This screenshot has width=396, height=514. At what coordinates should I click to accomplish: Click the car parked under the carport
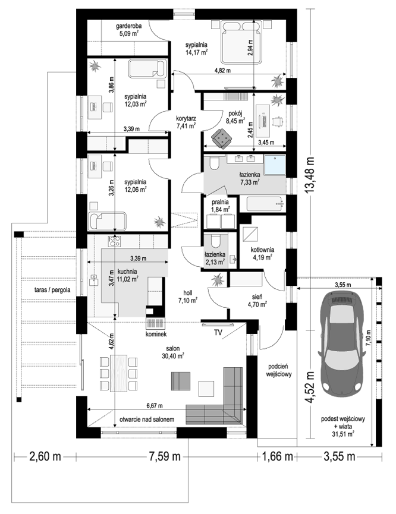[342, 342]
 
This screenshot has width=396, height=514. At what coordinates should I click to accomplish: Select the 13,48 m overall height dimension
[310, 176]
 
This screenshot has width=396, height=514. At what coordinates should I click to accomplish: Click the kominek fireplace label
[157, 334]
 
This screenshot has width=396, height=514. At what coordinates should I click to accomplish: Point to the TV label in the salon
[218, 332]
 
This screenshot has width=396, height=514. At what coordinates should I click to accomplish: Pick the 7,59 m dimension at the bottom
[165, 456]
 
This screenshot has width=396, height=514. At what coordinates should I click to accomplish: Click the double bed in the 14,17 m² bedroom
[242, 42]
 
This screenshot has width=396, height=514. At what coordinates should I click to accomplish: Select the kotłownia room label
[262, 250]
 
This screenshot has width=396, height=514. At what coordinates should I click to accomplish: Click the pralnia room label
[220, 202]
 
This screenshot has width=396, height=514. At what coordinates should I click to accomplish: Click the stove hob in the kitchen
[115, 242]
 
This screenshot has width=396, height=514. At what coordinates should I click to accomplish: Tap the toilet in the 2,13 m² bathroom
[216, 241]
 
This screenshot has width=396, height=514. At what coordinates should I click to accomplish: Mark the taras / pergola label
[52, 290]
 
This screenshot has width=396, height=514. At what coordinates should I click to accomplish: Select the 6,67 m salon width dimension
[155, 406]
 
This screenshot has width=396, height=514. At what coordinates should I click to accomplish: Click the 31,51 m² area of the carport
[344, 434]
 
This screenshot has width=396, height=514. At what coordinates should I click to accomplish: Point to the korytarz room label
[186, 118]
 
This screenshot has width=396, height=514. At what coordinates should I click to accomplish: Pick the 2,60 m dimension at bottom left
[45, 456]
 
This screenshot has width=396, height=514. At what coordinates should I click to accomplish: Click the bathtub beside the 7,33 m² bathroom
[265, 204]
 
